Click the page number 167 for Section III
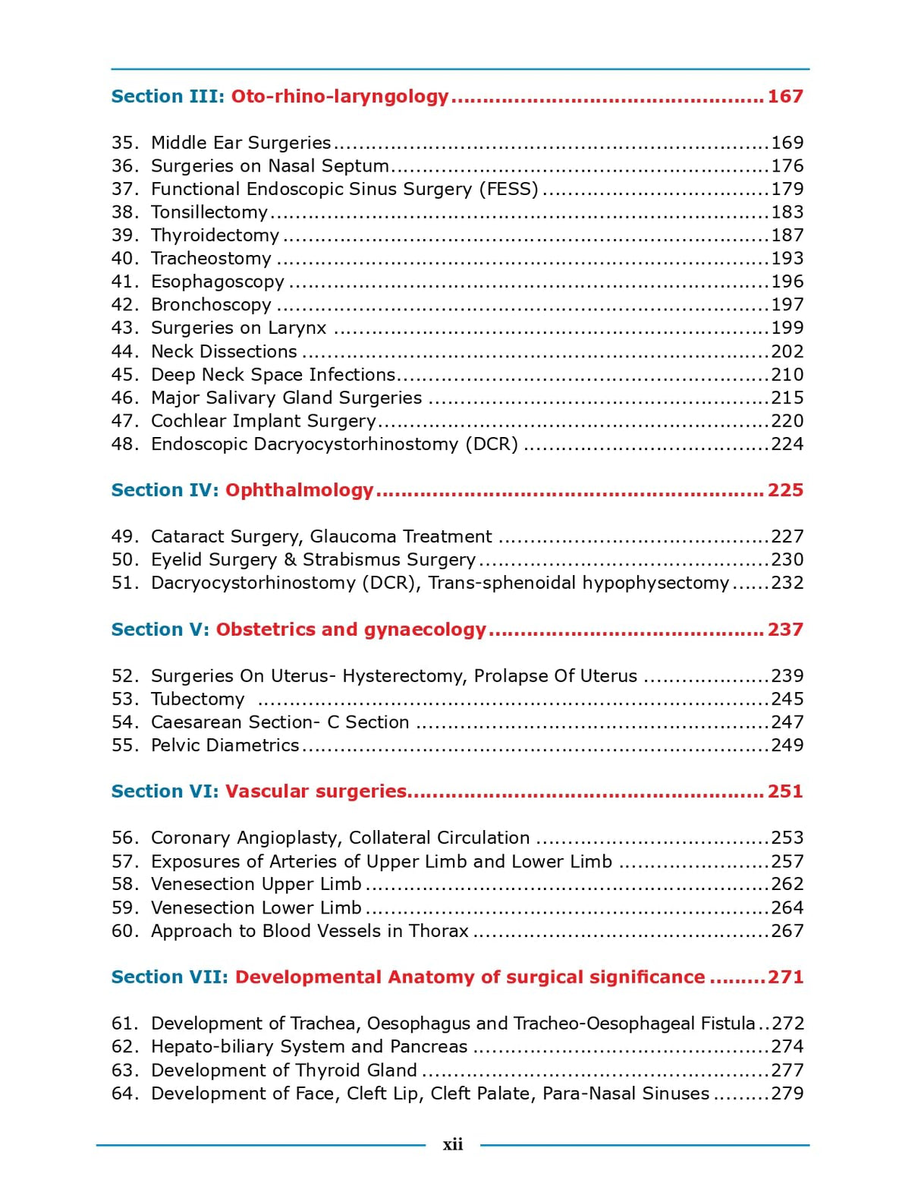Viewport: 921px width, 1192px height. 784,96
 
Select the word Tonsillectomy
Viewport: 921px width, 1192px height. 209,212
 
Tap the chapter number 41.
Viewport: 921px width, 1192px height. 124,281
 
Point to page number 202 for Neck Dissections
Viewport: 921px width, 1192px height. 787,351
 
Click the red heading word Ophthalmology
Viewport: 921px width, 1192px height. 300,490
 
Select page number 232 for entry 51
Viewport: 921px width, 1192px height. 787,583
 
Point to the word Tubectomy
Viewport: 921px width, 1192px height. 197,699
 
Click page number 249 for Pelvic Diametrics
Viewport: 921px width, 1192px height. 787,745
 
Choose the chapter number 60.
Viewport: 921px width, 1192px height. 124,931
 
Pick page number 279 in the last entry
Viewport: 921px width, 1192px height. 787,1093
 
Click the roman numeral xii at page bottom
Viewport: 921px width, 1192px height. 453,1144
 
